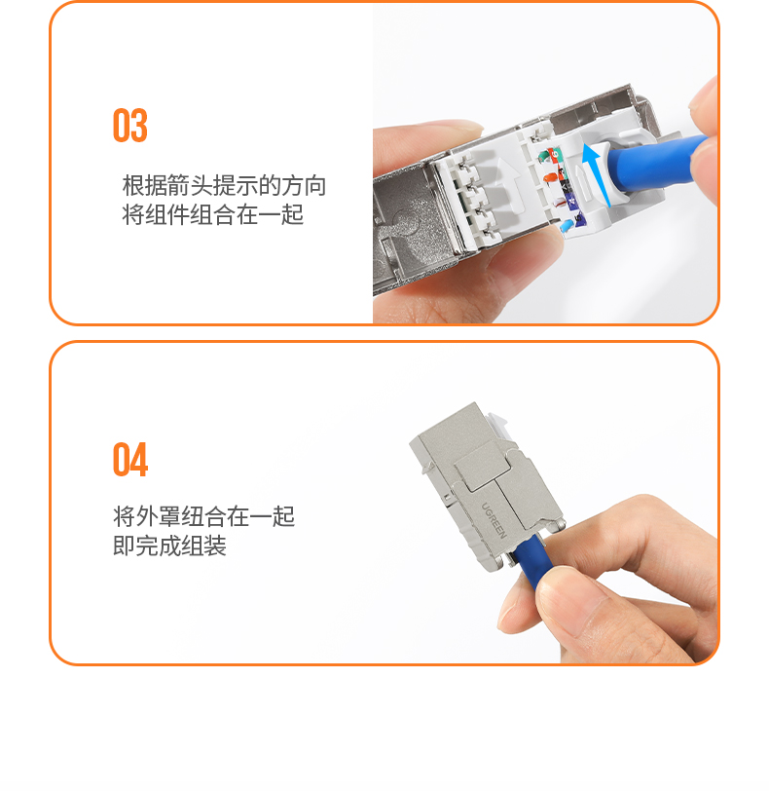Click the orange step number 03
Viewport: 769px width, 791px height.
130,125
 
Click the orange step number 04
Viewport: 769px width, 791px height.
130,459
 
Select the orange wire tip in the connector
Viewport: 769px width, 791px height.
549,177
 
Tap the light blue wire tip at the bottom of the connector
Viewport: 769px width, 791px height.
566,225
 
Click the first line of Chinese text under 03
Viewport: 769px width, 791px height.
224,186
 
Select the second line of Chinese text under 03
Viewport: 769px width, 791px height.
212,215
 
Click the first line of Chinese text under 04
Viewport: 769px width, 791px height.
203,516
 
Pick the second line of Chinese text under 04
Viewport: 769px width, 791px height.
169,546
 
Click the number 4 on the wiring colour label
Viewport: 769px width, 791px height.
571,201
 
